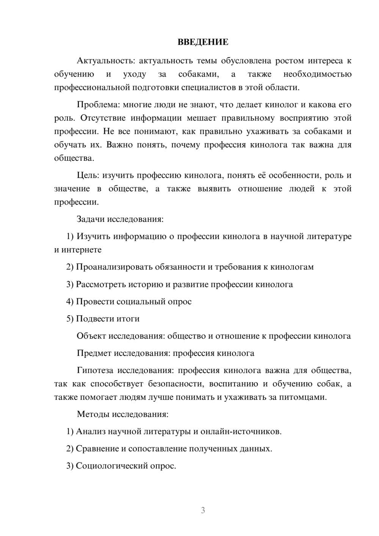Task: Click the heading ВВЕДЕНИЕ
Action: pos(203,42)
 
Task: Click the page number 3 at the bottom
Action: pos(203,510)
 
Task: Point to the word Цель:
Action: pos(88,175)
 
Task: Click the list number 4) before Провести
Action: pos(70,302)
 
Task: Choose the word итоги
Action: pos(128,319)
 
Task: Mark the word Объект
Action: pos(91,336)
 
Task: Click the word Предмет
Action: pos(94,353)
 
